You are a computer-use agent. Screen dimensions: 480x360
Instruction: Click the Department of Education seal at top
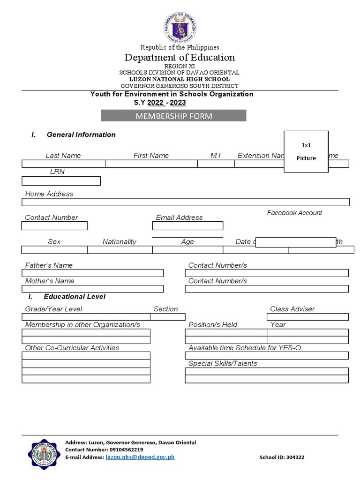coord(180,27)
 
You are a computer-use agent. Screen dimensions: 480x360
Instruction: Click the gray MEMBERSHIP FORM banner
coord(174,116)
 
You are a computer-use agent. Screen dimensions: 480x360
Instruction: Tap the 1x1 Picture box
coord(306,152)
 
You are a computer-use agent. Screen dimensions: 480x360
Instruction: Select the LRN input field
coord(61,181)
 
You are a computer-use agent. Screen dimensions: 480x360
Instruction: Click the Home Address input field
coord(185,202)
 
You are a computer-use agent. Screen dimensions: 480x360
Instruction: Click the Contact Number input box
coord(54,226)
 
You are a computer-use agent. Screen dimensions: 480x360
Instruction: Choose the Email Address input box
coord(187,226)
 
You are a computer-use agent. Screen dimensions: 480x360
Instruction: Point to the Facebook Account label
coord(294,213)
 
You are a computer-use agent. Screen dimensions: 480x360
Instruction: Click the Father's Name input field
coord(92,273)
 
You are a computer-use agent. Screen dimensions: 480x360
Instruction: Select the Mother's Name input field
coord(92,289)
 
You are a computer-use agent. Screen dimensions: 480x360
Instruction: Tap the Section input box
coord(167,317)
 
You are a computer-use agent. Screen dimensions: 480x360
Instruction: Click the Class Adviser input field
coord(307,317)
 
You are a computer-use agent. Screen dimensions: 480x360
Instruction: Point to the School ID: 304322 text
coord(282,457)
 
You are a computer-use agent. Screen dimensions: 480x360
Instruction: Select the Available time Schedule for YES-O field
coord(266,355)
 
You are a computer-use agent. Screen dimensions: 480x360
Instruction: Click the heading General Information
coord(81,135)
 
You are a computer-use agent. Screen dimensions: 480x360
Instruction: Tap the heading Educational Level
coord(75,296)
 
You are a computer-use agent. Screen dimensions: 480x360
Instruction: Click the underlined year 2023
coord(178,103)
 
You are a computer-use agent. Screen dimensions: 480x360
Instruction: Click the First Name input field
coord(151,164)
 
